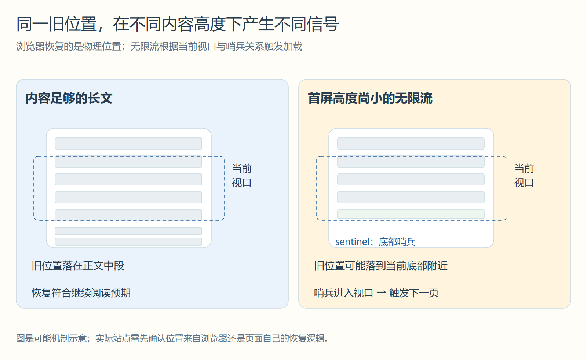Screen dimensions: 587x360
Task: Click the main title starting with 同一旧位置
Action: pos(178,24)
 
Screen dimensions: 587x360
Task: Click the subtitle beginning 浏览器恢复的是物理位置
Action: pos(159,46)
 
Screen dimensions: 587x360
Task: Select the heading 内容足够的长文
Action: pos(69,99)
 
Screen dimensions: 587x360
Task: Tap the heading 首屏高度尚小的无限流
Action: pos(370,99)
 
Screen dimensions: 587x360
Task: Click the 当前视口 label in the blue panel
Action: pos(242,176)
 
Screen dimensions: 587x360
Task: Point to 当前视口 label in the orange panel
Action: pos(524,176)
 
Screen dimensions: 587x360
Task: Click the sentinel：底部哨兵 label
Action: pos(375,242)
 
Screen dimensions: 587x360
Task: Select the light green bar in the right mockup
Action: pos(411,214)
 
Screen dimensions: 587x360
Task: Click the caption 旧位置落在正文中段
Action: pos(78,266)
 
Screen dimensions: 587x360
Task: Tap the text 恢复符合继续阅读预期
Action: pos(81,293)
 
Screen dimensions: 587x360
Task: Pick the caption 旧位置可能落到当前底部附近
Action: pos(381,266)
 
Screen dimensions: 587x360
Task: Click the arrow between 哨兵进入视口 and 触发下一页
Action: pos(381,293)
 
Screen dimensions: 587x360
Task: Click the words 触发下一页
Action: pos(414,293)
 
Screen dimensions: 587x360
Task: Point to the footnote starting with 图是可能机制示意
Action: pos(173,338)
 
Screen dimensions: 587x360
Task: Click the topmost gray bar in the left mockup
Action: pos(128,143)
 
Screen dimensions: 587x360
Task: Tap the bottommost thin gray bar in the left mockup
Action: pos(128,241)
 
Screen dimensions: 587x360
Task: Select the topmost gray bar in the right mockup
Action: pos(411,143)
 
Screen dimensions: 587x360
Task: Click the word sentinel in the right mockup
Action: pos(352,242)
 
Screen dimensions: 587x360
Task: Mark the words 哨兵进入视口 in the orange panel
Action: pos(343,293)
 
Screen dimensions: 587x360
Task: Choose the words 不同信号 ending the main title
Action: pos(306,24)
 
